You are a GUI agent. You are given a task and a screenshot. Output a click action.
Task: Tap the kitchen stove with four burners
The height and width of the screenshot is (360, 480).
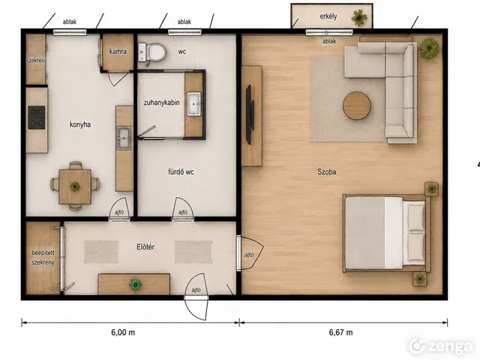click(37, 117)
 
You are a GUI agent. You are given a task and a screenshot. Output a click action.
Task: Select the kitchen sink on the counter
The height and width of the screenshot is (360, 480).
click(123, 138)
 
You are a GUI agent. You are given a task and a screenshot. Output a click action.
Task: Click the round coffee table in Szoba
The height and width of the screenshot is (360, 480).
click(357, 106)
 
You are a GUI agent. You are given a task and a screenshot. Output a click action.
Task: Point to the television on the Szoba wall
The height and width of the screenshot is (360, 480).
click(250, 115)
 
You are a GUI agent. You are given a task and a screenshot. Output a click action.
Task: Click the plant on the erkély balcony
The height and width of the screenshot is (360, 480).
click(359, 17)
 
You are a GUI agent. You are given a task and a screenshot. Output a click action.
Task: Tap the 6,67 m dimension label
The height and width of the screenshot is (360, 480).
click(340, 332)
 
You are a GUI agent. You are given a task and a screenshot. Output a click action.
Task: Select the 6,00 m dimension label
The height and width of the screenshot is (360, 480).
click(123, 332)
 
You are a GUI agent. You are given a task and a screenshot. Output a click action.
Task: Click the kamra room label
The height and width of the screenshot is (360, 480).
click(118, 52)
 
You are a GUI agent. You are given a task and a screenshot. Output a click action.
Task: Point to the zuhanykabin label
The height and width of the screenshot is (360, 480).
click(162, 103)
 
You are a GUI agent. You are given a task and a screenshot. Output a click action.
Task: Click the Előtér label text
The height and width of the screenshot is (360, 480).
click(145, 247)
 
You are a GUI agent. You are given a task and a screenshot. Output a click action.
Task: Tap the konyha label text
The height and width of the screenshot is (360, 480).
click(80, 124)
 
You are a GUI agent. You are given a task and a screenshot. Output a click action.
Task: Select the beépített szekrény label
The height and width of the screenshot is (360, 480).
click(43, 258)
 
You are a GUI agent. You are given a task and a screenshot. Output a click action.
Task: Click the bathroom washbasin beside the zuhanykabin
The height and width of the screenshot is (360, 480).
click(193, 103)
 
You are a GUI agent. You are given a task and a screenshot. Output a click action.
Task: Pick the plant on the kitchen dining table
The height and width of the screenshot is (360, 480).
click(75, 186)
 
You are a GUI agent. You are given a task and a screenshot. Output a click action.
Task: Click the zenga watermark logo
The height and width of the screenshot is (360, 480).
click(441, 346)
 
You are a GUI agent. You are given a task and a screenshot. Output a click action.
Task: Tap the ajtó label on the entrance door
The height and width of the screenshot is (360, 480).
click(196, 290)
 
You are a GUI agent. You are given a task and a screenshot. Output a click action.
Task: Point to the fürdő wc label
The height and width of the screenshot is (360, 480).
click(181, 172)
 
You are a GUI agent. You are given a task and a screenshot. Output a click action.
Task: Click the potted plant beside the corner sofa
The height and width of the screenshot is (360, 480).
click(429, 48)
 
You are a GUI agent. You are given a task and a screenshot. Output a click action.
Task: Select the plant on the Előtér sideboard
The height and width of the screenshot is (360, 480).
click(135, 285)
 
